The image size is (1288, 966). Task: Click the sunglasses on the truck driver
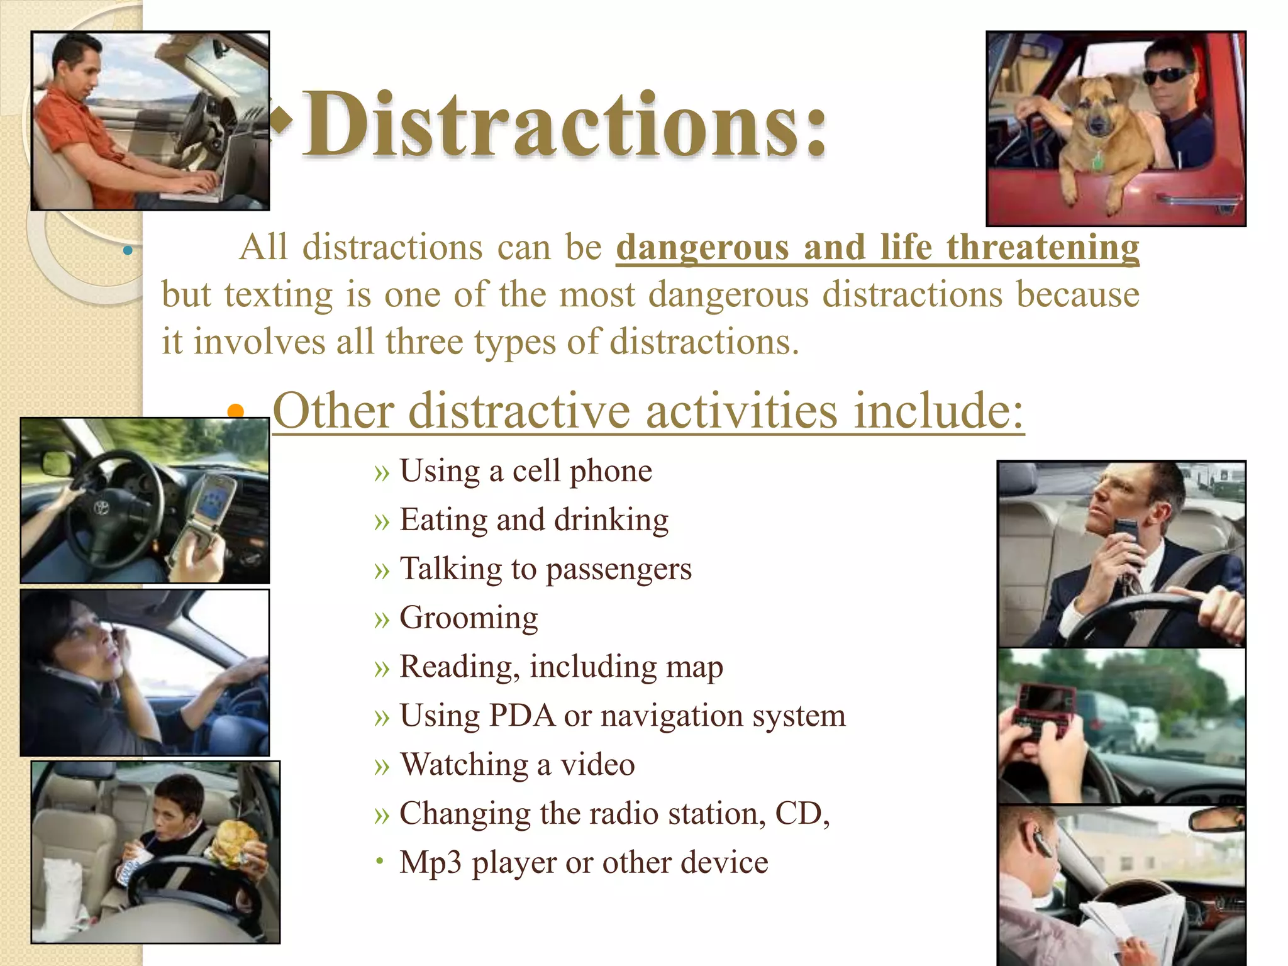pyautogui.click(x=1167, y=76)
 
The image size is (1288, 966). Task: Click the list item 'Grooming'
pyautogui.click(x=469, y=618)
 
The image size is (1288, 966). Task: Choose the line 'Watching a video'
pyautogui.click(x=517, y=765)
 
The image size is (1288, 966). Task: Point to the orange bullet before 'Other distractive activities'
pyautogui.click(x=235, y=412)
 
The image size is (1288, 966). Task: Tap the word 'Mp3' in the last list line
pyautogui.click(x=431, y=862)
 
